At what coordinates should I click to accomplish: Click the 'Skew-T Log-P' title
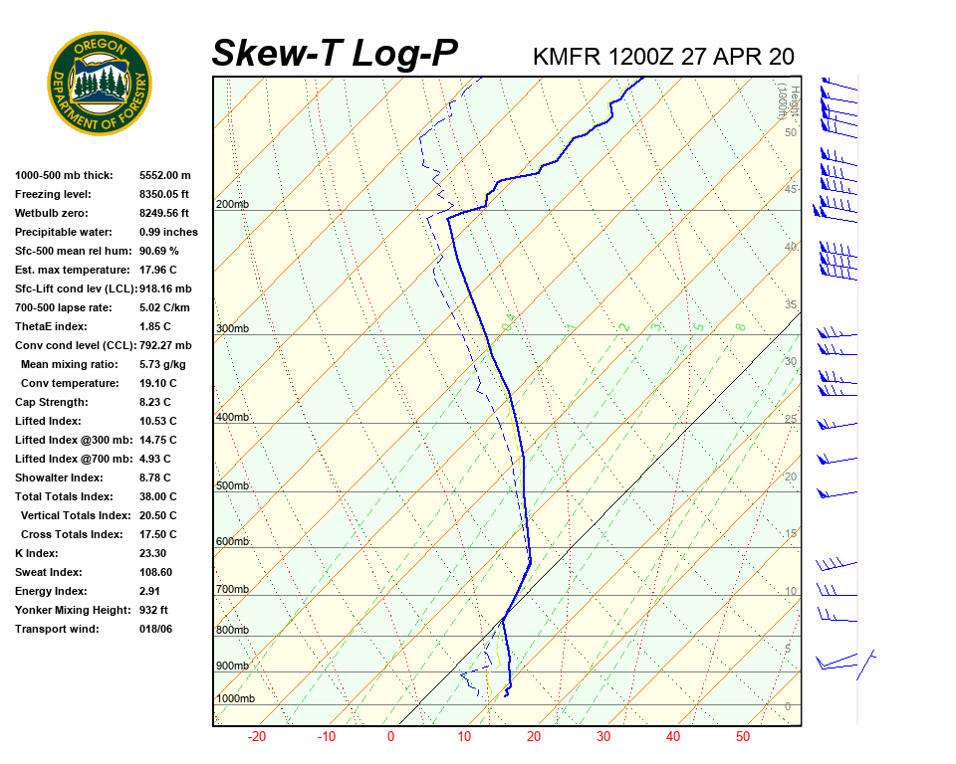[x=335, y=53]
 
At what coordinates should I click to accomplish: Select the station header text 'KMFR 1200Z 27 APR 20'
[x=663, y=57]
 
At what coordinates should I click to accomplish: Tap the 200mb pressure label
[x=232, y=204]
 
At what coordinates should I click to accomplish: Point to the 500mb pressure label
[x=232, y=485]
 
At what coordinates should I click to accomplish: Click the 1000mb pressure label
[x=235, y=698]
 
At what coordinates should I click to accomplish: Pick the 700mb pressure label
[x=232, y=589]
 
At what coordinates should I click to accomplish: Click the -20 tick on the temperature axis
[x=257, y=737]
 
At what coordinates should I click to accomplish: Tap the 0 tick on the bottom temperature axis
[x=390, y=737]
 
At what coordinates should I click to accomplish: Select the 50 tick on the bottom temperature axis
[x=743, y=737]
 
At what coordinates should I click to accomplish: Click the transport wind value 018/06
[x=155, y=629]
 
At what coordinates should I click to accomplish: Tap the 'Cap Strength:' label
[x=51, y=402]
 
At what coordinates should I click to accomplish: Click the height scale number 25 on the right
[x=791, y=419]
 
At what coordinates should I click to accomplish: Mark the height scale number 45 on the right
[x=791, y=189]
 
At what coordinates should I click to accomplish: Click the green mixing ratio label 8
[x=740, y=326]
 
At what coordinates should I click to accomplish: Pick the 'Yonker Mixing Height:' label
[x=70, y=610]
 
